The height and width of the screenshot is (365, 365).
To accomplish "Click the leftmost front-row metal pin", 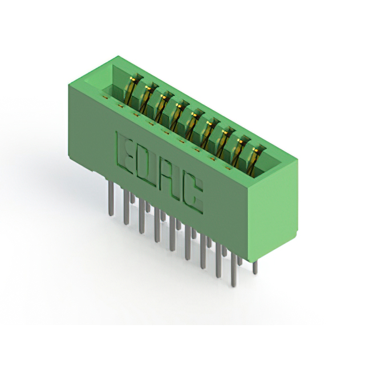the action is click(x=112, y=198).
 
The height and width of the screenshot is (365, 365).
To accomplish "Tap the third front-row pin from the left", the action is click(x=141, y=216).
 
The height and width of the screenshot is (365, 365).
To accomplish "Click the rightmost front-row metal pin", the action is click(x=234, y=269).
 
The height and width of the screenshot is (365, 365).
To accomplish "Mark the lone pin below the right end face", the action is click(x=255, y=267).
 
